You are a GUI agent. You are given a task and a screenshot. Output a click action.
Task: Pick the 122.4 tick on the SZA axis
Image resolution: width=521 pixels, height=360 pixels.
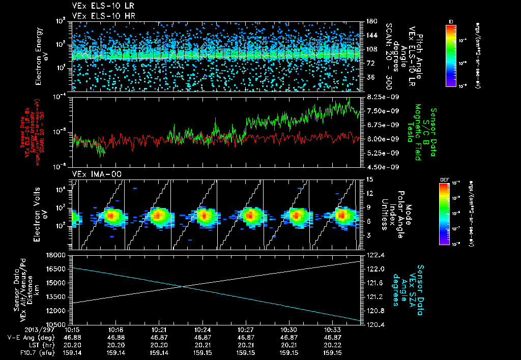373,255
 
